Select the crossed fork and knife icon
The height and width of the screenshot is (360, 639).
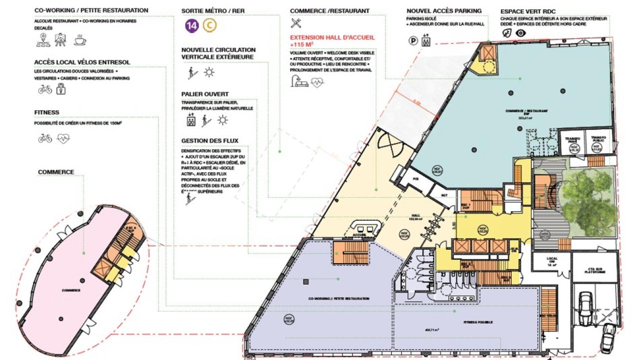[296, 23]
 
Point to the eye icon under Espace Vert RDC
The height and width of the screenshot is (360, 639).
[521, 33]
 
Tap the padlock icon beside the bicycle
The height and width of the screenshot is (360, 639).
[61, 89]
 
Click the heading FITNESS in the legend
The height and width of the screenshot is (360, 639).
[47, 113]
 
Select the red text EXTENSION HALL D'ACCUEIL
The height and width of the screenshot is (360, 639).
[332, 37]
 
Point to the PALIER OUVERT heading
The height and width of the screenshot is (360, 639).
[205, 94]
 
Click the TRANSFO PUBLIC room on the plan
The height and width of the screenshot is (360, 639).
[598, 141]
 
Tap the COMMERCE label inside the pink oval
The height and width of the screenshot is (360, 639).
[71, 290]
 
